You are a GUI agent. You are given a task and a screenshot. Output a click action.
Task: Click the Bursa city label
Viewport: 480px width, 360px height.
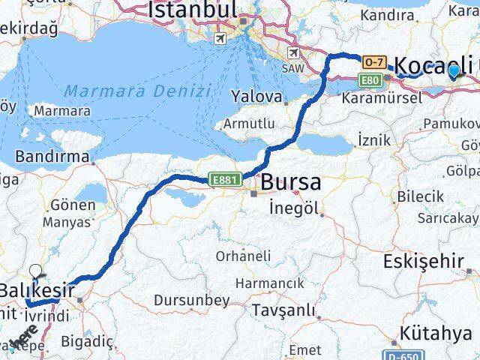click(291, 182)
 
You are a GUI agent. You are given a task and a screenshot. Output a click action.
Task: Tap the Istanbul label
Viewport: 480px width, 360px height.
click(193, 10)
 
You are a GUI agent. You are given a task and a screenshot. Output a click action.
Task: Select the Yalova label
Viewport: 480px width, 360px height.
click(257, 97)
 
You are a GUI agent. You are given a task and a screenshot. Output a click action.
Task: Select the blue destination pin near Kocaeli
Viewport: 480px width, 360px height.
click(454, 71)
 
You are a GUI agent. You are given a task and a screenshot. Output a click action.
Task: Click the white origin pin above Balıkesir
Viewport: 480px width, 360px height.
click(35, 271)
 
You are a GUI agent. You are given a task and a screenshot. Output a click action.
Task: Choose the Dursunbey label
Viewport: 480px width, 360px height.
click(191, 300)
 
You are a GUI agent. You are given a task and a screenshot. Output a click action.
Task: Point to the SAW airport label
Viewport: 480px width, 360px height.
click(292, 67)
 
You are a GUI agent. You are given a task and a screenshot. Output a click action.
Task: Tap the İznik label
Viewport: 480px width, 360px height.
click(373, 139)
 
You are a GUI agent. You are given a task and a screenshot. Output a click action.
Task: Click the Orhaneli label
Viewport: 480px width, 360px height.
click(243, 256)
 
